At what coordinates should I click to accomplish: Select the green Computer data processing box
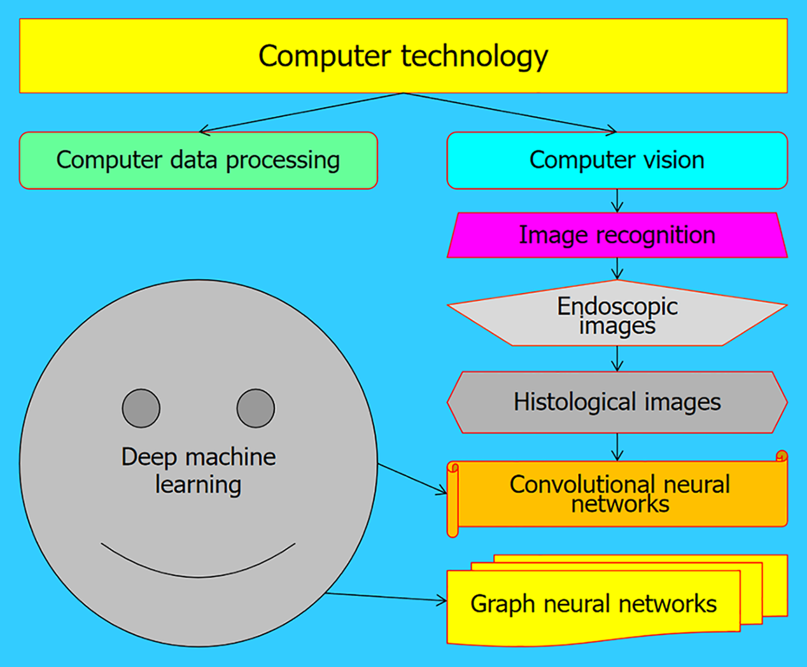[x=198, y=160]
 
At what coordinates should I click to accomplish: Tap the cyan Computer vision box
[x=617, y=160]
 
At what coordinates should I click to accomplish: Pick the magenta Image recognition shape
[x=617, y=235]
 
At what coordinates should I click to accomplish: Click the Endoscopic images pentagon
[x=617, y=315]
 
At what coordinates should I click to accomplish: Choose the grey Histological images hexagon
[x=617, y=402]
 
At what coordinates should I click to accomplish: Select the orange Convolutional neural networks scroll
[x=619, y=494]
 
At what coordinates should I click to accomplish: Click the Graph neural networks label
[x=593, y=604]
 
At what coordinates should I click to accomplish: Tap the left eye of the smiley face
[x=141, y=408]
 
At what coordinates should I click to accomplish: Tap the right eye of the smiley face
[x=256, y=408]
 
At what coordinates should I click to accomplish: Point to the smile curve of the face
[x=198, y=575]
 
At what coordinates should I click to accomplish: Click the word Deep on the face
[x=149, y=458]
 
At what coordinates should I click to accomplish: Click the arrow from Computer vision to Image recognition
[x=617, y=200]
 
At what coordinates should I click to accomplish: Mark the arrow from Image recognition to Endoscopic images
[x=617, y=269]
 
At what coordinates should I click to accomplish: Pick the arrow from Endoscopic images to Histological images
[x=617, y=359]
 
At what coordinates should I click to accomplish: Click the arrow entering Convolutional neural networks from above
[x=617, y=447]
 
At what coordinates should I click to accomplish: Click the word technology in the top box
[x=475, y=57]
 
